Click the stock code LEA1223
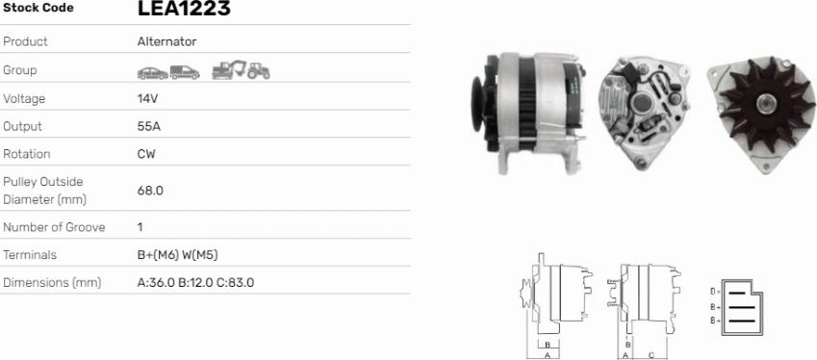click(184, 8)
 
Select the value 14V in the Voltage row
click(147, 98)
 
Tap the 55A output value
click(149, 126)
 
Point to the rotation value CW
click(146, 154)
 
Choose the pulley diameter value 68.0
click(150, 191)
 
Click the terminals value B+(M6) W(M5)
click(178, 255)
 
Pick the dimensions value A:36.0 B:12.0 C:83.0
click(196, 282)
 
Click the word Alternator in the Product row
click(166, 41)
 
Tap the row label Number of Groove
click(54, 227)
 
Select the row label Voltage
click(24, 98)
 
